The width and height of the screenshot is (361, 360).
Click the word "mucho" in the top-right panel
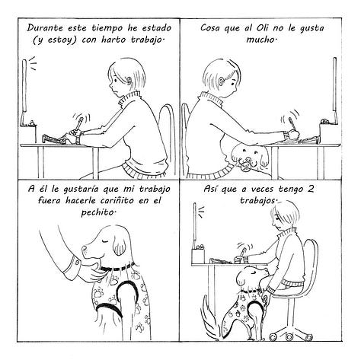[260, 40]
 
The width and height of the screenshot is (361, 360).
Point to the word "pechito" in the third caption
[96, 212]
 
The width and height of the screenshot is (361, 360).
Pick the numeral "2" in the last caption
[310, 189]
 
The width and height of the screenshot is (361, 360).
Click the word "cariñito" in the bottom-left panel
[117, 201]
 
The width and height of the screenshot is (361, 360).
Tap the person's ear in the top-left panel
[129, 81]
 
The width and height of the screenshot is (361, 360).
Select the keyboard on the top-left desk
[55, 139]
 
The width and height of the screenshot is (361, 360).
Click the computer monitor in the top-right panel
[334, 85]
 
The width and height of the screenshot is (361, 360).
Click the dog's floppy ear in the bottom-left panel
[120, 245]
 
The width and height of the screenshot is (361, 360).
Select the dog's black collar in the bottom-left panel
[117, 268]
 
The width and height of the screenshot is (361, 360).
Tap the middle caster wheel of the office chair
[289, 336]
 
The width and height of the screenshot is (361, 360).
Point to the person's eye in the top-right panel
[233, 83]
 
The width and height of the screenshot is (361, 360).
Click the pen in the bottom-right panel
[243, 253]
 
